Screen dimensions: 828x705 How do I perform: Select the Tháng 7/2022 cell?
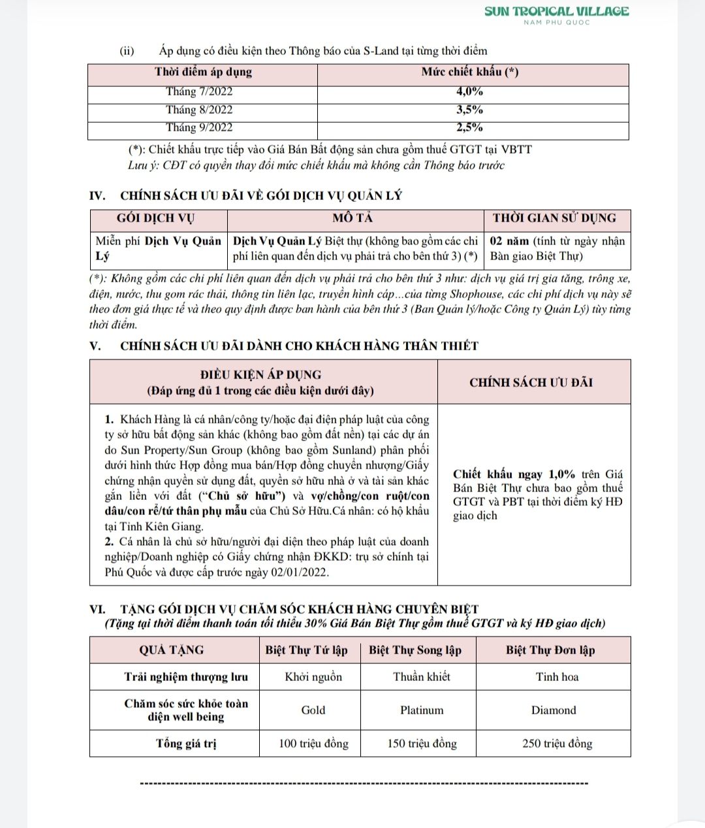(x=199, y=92)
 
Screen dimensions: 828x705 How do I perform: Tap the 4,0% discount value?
(x=469, y=92)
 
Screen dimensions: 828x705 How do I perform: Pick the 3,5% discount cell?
(x=469, y=110)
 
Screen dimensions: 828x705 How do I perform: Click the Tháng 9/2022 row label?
(x=199, y=127)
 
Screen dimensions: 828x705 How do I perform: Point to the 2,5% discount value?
(x=469, y=127)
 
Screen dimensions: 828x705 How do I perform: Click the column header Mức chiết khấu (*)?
(x=470, y=72)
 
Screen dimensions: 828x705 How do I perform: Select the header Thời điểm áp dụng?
(x=203, y=72)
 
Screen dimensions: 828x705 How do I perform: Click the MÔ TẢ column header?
(x=352, y=218)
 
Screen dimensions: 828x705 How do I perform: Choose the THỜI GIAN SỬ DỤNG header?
(x=554, y=218)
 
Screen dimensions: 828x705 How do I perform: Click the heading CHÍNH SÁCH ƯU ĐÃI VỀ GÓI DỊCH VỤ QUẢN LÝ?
(x=261, y=195)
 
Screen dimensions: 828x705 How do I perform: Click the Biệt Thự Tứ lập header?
(x=306, y=650)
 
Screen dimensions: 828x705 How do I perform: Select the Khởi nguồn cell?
(x=313, y=677)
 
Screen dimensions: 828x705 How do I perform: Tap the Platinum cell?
(x=422, y=710)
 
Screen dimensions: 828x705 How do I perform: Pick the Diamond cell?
(x=554, y=710)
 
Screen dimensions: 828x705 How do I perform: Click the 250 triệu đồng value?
(x=557, y=744)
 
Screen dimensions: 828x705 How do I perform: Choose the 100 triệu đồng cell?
(x=313, y=744)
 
